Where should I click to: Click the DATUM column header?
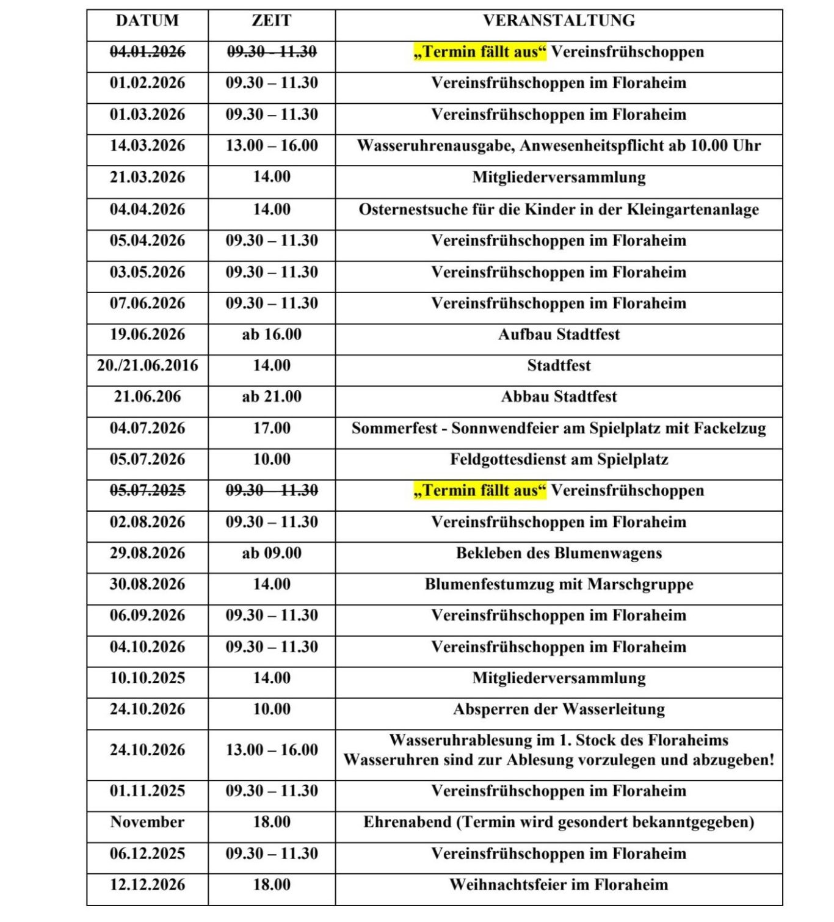pos(147,21)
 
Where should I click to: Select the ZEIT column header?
pos(271,21)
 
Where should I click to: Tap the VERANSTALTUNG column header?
pos(559,21)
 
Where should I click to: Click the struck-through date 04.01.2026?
pos(147,52)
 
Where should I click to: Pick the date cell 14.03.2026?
pos(147,146)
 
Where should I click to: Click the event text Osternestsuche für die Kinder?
pos(559,209)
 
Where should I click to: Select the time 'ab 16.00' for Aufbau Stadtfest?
pos(271,335)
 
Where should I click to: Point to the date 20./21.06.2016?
pos(147,366)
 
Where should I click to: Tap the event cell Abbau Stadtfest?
pos(559,397)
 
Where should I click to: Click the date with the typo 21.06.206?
pos(147,397)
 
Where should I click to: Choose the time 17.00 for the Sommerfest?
pos(271,429)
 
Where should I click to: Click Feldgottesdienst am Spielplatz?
pos(559,460)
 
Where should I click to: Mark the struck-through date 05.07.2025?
pos(147,491)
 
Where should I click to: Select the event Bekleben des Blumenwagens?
pos(559,553)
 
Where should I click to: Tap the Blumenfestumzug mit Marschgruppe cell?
pos(559,584)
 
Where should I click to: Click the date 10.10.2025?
pos(147,678)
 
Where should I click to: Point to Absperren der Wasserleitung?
pos(559,710)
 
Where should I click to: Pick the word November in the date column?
pos(147,822)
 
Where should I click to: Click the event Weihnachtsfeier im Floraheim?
pos(559,885)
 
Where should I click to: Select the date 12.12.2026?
pos(147,885)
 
